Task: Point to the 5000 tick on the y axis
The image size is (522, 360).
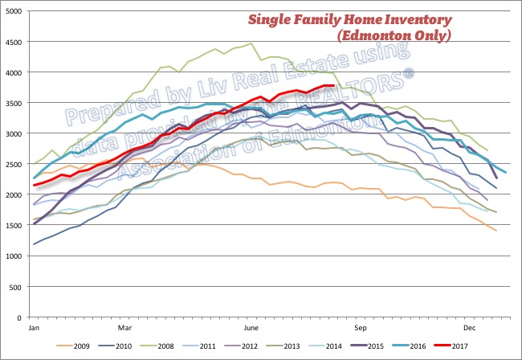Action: [x=14, y=11]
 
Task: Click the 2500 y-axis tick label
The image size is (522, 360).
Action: [x=14, y=164]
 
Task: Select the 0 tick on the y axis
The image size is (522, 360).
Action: [x=21, y=317]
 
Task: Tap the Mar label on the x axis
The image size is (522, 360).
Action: [x=124, y=328]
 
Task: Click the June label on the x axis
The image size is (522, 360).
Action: [x=251, y=328]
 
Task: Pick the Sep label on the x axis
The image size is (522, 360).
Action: [x=361, y=328]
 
